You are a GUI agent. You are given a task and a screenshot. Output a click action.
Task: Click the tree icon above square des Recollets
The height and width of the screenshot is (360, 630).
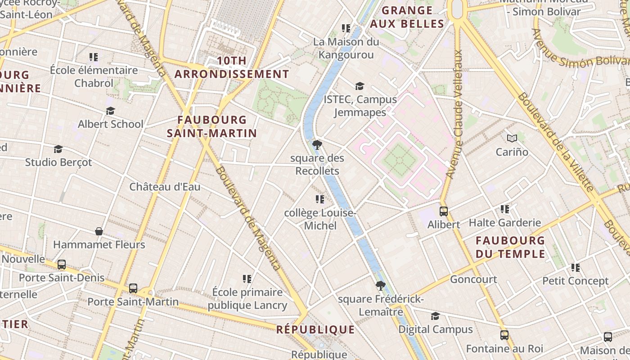pos(317,144)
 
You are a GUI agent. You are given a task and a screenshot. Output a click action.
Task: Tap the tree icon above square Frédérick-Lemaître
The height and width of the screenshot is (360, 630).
pos(381,285)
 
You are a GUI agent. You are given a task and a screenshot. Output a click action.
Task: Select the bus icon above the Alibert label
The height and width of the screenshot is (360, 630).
pos(444,211)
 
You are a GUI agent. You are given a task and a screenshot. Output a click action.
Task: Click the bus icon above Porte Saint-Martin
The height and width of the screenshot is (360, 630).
pos(133,288)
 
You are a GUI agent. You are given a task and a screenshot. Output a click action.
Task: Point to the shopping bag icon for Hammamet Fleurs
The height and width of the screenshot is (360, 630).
pos(99,231)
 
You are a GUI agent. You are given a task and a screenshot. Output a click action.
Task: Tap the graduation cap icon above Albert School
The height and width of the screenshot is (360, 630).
pos(110,111)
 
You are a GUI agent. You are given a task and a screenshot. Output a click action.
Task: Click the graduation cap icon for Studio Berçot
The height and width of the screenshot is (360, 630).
pos(58,149)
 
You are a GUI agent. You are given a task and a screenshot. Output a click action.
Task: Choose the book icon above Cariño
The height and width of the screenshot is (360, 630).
pos(512,138)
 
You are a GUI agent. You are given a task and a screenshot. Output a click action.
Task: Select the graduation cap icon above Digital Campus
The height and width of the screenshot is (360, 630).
pos(435,316)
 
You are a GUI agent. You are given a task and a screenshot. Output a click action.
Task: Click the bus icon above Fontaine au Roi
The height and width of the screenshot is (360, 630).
pos(504,335)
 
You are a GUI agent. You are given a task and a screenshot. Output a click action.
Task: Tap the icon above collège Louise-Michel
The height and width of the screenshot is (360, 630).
pos(320,199)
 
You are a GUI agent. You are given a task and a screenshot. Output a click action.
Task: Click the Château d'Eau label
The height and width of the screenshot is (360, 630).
pos(165,187)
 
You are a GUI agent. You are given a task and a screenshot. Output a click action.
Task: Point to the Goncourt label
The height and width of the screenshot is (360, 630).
pos(473,279)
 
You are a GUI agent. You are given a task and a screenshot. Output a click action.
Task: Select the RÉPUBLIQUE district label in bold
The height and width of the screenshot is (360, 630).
pos(315,330)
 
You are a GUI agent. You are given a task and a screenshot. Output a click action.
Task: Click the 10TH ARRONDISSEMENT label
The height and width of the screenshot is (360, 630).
pos(232,67)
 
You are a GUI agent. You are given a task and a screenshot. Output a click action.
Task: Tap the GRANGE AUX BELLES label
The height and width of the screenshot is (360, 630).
pos(407,17)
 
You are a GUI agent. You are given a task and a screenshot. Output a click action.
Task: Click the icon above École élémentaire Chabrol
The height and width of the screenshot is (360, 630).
pos(94,57)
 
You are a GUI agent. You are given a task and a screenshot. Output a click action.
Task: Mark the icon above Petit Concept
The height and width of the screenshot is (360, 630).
pos(576,268)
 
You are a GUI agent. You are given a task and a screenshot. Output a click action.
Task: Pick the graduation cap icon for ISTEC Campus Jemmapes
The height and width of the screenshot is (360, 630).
pos(360,86)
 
